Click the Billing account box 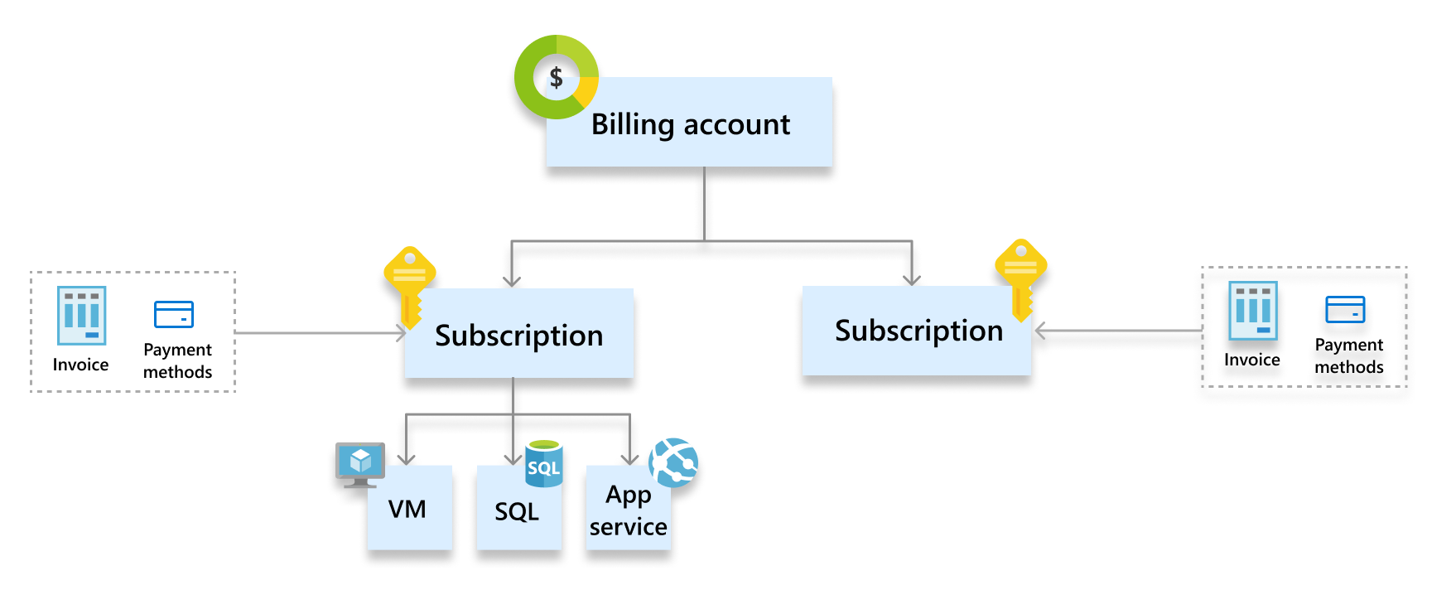689,123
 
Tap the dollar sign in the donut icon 557,78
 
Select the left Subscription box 519,335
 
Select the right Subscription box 918,331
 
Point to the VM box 409,509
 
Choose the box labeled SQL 518,512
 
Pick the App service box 628,510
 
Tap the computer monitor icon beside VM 360,463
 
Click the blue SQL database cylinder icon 544,463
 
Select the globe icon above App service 673,462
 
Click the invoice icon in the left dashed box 81,315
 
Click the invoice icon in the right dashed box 1252,310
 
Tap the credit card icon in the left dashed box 174,314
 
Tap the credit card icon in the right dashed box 1345,309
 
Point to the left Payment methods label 177,361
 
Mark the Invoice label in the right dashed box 1251,360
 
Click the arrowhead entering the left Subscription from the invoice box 402,333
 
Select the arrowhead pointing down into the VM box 406,458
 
